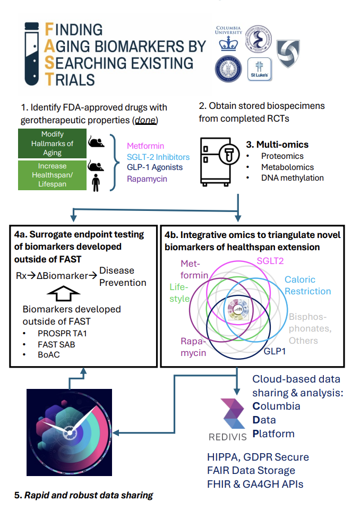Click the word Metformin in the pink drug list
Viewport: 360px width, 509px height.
coord(145,145)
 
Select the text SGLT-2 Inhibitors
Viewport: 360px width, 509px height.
coord(158,156)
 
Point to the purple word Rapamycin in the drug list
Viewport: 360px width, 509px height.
coord(147,179)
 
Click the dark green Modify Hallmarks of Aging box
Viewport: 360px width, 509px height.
coord(52,143)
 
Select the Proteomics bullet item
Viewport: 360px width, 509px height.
coord(282,156)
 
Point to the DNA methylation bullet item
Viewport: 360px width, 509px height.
coord(292,178)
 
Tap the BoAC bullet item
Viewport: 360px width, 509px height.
coord(48,355)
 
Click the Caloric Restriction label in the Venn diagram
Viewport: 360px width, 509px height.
coord(307,285)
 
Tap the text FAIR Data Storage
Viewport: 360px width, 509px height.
coord(251,470)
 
